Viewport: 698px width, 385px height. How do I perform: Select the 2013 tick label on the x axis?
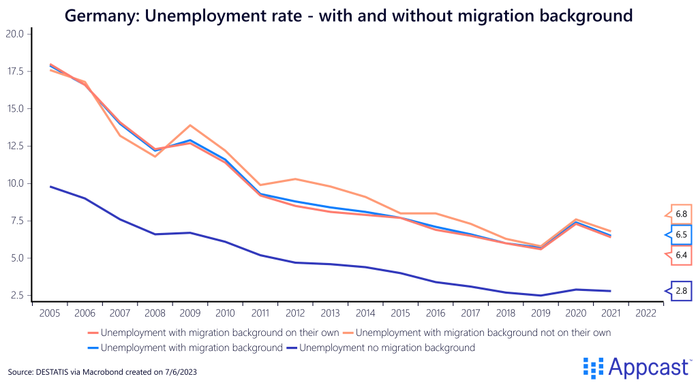coord(331,313)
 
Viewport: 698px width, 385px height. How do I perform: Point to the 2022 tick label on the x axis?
coord(646,313)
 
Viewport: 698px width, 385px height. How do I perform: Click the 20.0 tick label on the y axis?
coord(14,34)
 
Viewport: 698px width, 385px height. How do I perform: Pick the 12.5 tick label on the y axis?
coord(14,146)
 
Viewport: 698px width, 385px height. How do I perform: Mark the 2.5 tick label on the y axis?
coord(16,296)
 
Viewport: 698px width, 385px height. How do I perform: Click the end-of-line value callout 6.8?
coord(681,214)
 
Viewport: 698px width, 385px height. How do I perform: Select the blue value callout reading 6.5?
coord(681,235)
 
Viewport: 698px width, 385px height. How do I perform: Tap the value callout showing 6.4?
coord(681,256)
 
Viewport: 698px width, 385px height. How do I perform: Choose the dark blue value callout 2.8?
coord(681,291)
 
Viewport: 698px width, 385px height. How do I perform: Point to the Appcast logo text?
coord(648,367)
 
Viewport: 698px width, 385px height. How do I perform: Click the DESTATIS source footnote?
coord(103,372)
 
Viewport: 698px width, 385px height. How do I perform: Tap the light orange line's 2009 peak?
coord(190,125)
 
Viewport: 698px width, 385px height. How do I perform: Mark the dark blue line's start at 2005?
coord(50,187)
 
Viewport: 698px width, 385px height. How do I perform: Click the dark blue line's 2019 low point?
coord(541,296)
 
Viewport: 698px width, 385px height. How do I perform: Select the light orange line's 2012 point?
coord(295,179)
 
